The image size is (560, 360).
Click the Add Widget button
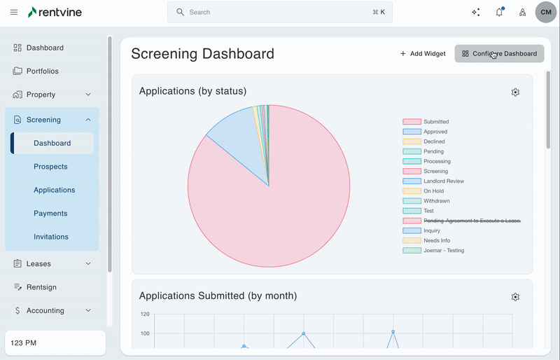click(x=423, y=53)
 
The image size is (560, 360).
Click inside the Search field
click(x=280, y=12)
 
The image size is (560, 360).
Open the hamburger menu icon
click(x=14, y=12)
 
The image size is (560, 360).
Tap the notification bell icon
click(x=499, y=12)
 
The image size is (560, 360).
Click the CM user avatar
click(x=546, y=12)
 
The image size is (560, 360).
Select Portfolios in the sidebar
click(x=42, y=71)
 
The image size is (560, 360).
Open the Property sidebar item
click(x=41, y=95)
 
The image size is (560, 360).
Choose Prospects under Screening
click(x=50, y=167)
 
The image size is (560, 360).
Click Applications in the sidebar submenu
click(x=54, y=190)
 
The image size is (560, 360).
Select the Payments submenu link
click(x=50, y=213)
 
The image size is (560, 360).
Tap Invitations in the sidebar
click(x=51, y=237)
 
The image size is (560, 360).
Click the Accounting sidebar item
click(x=45, y=310)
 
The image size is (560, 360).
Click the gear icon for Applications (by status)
click(x=515, y=92)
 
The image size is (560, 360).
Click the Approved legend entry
click(x=435, y=132)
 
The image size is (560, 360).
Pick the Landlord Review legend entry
click(x=443, y=181)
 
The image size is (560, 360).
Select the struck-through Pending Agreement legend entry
click(x=472, y=221)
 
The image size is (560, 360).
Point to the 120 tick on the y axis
click(x=145, y=314)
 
